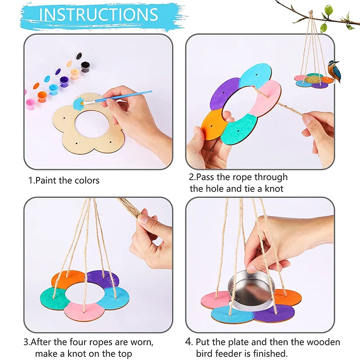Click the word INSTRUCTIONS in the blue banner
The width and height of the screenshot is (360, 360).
click(99, 14)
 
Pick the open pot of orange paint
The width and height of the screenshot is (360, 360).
click(42, 96)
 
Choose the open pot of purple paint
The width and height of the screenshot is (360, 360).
click(64, 81)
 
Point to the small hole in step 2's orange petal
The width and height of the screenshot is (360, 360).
click(208, 126)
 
